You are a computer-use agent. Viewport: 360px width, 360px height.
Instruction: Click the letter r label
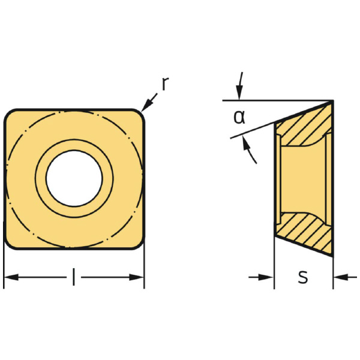tap(166, 84)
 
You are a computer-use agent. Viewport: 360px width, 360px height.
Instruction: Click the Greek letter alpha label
tap(239, 117)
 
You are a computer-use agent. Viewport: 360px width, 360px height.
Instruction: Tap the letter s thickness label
tap(303, 277)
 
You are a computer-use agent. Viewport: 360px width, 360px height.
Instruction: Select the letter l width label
tap(74, 277)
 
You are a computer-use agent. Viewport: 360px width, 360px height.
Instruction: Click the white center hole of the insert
tap(74, 178)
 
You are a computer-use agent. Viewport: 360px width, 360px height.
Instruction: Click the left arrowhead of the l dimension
tap(11, 277)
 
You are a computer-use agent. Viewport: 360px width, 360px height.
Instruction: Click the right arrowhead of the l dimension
tap(137, 277)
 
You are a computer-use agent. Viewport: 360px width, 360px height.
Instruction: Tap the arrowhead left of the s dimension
tap(266, 277)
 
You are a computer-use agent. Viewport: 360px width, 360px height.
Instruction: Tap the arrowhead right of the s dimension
tap(340, 277)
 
